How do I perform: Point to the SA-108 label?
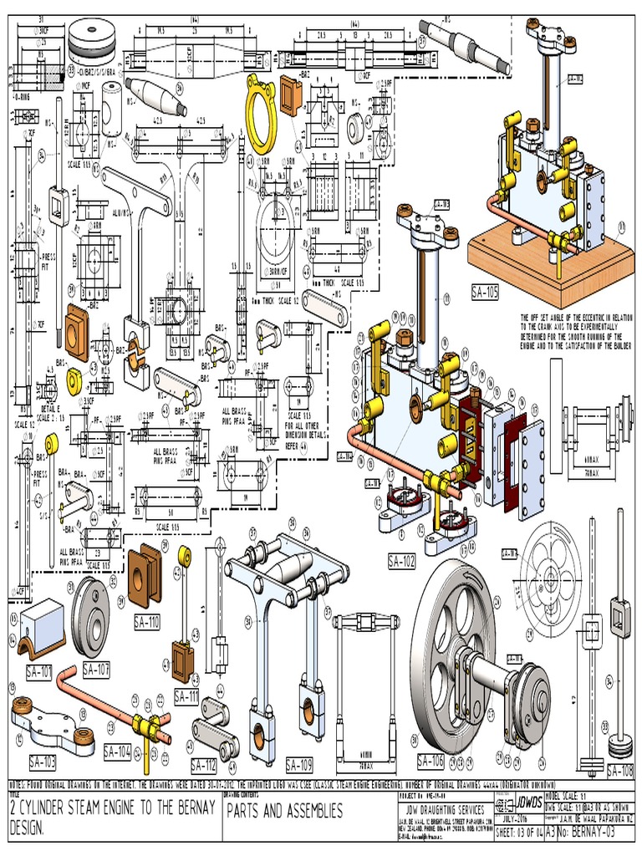point(621,771)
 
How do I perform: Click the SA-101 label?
point(38,670)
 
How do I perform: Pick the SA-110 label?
point(148,622)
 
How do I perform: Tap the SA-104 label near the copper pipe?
point(118,752)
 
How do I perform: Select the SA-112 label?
point(204,765)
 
